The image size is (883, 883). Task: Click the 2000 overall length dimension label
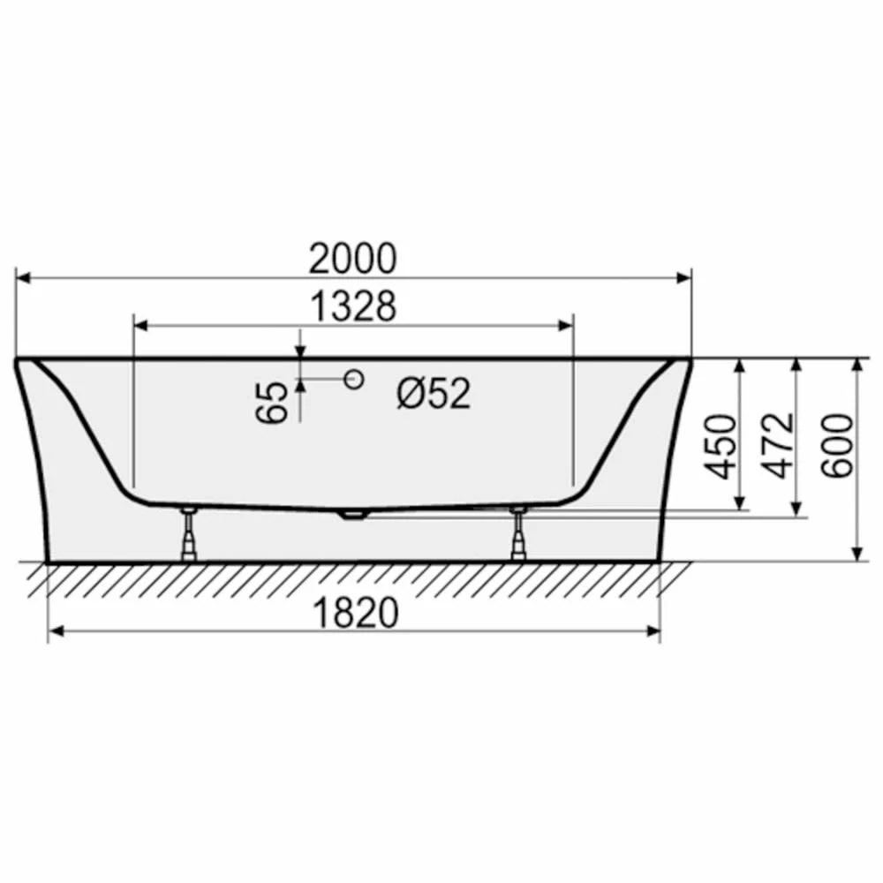coord(353,259)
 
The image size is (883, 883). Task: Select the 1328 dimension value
coord(354,307)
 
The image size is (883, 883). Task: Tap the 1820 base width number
coord(355,613)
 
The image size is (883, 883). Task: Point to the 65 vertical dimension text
coord(272,402)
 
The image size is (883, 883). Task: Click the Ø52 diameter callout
coord(433,393)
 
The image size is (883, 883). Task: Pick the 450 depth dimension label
coord(721,447)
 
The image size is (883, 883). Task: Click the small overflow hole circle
coord(354,379)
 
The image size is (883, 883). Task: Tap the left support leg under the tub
coord(189,532)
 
